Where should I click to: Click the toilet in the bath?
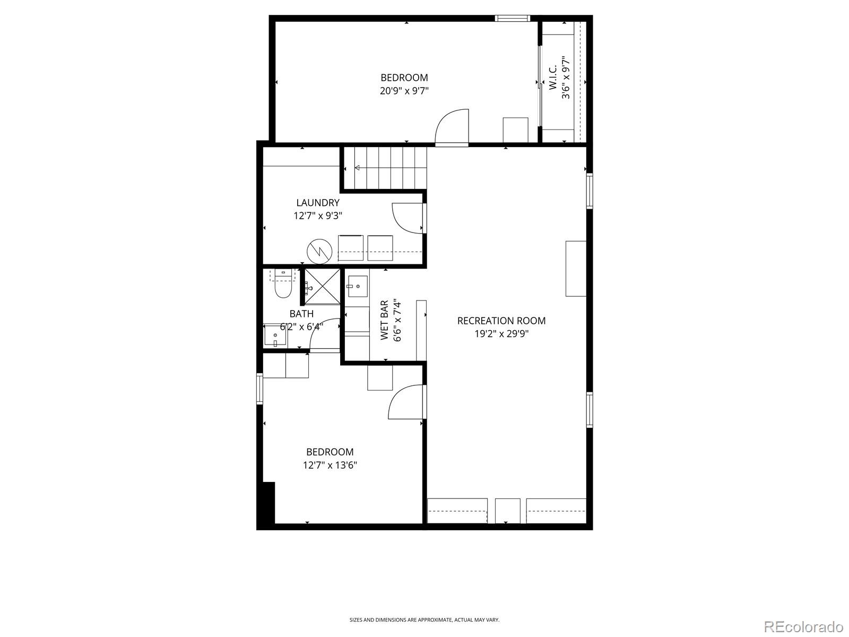click(x=283, y=289)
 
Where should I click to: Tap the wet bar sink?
click(x=358, y=287)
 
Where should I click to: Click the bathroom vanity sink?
click(x=275, y=336)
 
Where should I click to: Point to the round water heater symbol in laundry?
click(x=318, y=251)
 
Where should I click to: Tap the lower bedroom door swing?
click(x=406, y=402)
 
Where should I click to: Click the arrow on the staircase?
click(x=357, y=168)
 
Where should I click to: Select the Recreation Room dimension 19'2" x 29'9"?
click(x=501, y=334)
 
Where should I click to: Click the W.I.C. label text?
click(x=552, y=78)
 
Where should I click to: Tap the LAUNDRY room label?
click(x=317, y=203)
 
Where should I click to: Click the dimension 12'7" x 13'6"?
click(x=330, y=466)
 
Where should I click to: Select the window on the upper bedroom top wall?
click(x=513, y=18)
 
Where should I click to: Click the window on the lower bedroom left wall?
click(x=259, y=389)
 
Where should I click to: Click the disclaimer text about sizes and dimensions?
click(x=424, y=619)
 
